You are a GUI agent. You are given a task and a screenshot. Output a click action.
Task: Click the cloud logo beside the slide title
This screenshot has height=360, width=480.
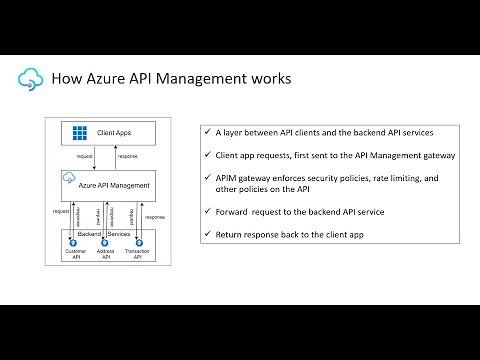point(30,77)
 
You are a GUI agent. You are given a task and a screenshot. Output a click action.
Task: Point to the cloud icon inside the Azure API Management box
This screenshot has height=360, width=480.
point(69,179)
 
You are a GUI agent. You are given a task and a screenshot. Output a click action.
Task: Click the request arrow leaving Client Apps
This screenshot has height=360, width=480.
point(94,157)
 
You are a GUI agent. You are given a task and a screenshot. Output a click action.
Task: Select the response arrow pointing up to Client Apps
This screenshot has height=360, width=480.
point(113,157)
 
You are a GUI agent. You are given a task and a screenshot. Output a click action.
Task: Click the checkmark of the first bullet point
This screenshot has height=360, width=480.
point(207,133)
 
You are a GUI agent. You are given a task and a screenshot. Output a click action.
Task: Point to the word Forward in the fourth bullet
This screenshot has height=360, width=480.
point(235,211)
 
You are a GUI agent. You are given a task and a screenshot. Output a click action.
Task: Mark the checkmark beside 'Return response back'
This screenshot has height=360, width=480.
point(207,233)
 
